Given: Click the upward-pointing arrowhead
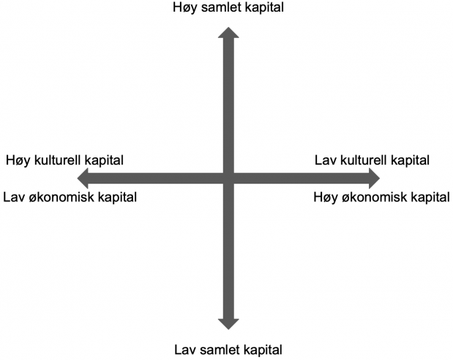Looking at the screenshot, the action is (x=228, y=32).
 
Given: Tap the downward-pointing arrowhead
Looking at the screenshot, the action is (x=228, y=324).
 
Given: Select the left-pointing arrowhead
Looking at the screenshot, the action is (x=83, y=179).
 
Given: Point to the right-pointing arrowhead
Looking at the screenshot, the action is (x=375, y=179).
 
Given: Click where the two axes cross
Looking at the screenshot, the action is (x=228, y=179).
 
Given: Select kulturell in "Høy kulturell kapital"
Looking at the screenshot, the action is (x=58, y=160).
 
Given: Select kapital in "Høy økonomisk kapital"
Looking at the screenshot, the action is (x=430, y=198).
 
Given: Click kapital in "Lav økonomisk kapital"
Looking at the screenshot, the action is (x=117, y=198).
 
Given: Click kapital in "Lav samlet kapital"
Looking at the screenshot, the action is (x=263, y=350).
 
